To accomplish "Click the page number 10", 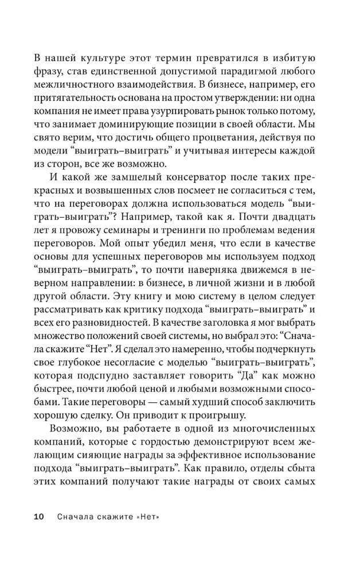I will pyautogui.click(x=40, y=516).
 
